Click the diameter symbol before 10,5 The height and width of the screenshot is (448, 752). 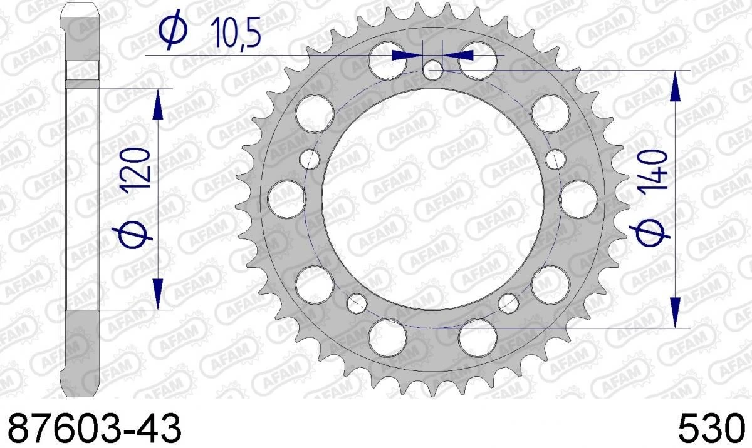pos(172,31)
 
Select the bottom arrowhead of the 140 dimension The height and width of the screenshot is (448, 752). pos(675,312)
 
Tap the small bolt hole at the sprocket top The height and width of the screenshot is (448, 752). pos(432,69)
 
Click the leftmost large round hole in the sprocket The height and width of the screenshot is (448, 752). pos(286,196)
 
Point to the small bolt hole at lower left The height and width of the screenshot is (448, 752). pos(357,304)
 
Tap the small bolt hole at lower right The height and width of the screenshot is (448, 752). pos(508,303)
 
